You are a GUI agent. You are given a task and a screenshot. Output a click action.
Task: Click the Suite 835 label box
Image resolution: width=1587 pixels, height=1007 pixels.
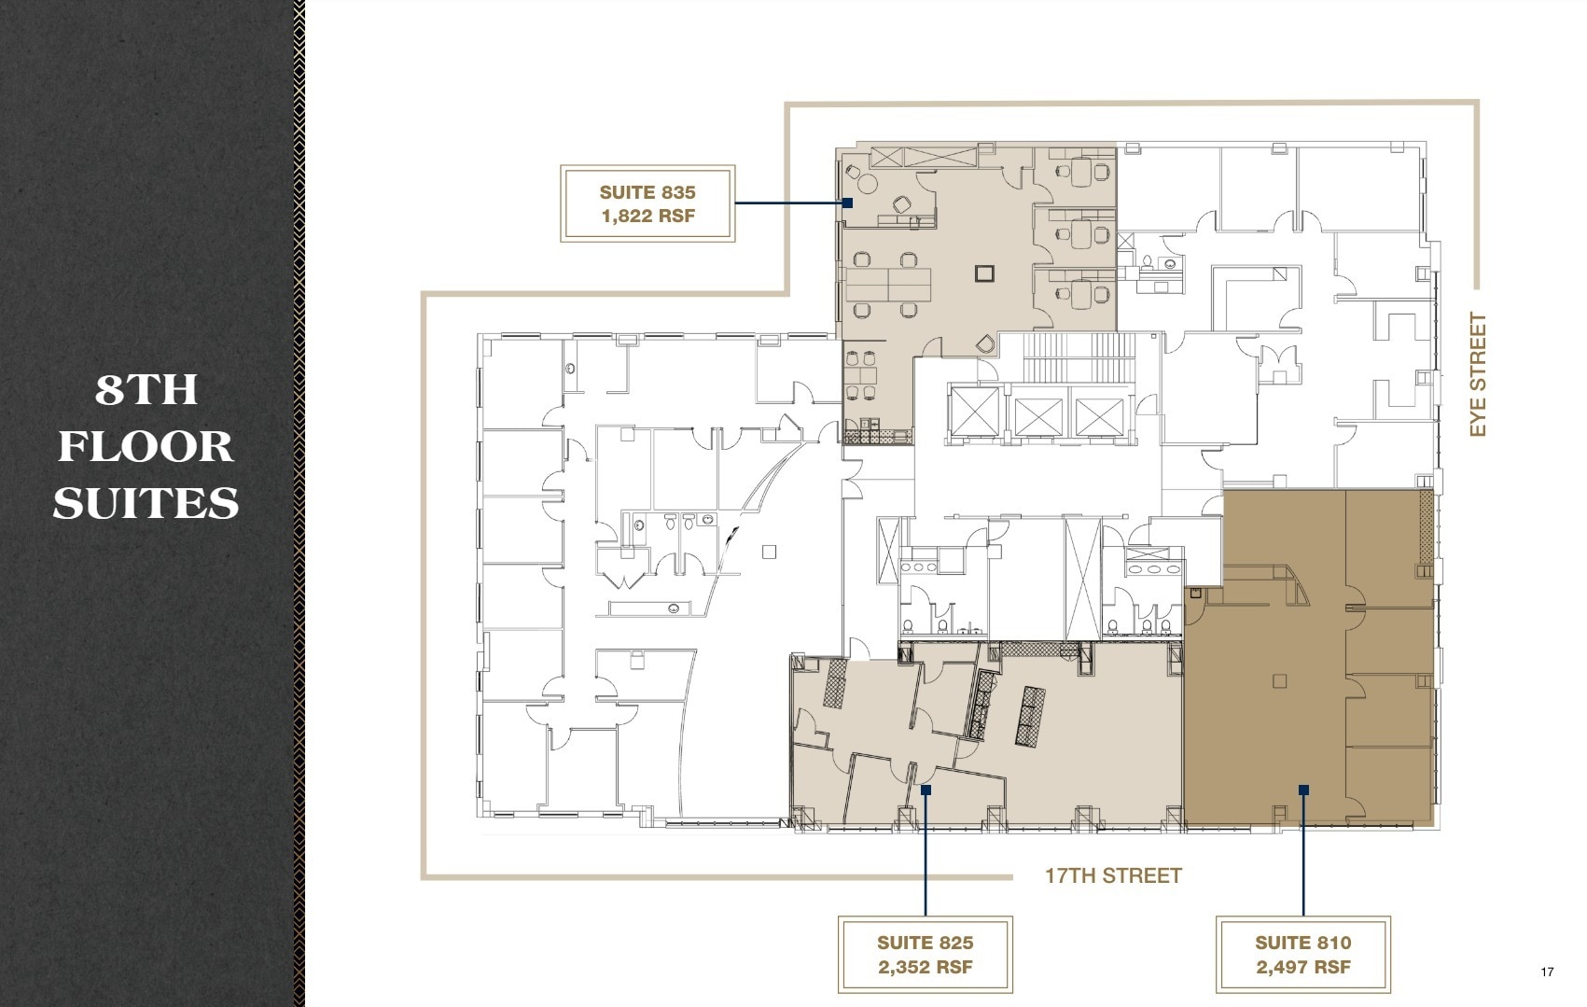647,203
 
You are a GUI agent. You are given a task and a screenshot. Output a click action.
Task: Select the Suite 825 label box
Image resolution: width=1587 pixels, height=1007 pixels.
925,954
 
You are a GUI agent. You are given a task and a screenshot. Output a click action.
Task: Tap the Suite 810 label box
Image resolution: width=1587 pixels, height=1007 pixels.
1302,954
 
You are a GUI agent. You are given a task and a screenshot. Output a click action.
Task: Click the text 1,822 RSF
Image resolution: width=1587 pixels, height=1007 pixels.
647,217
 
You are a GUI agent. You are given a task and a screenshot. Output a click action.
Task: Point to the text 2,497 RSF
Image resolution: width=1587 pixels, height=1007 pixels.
1302,967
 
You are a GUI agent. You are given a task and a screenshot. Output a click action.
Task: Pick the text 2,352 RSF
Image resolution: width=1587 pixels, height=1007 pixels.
925,967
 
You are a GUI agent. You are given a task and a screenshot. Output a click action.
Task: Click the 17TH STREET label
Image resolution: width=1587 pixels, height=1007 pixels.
1112,875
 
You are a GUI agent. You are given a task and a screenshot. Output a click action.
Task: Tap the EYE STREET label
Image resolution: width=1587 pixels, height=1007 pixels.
1477,374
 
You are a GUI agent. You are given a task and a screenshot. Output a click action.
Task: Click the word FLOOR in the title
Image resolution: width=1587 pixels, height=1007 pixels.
146,446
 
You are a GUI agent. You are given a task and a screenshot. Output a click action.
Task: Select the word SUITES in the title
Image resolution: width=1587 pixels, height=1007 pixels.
146,504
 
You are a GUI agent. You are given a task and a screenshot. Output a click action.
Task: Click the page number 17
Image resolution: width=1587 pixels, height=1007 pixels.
1547,972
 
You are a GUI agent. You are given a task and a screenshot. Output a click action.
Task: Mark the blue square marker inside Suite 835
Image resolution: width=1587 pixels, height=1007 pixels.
848,203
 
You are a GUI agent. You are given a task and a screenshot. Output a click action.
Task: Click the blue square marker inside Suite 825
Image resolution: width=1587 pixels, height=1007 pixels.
926,790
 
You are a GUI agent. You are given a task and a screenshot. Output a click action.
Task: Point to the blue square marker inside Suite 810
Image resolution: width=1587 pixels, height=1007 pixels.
1303,790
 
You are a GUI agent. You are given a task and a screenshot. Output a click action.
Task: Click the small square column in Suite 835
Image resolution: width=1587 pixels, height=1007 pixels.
984,273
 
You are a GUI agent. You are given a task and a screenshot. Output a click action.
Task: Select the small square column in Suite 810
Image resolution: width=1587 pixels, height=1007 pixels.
1279,681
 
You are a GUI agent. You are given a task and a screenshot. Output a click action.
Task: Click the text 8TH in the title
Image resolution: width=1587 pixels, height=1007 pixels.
146,389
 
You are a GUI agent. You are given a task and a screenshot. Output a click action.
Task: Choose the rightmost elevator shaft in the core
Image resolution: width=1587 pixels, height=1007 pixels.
1098,416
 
